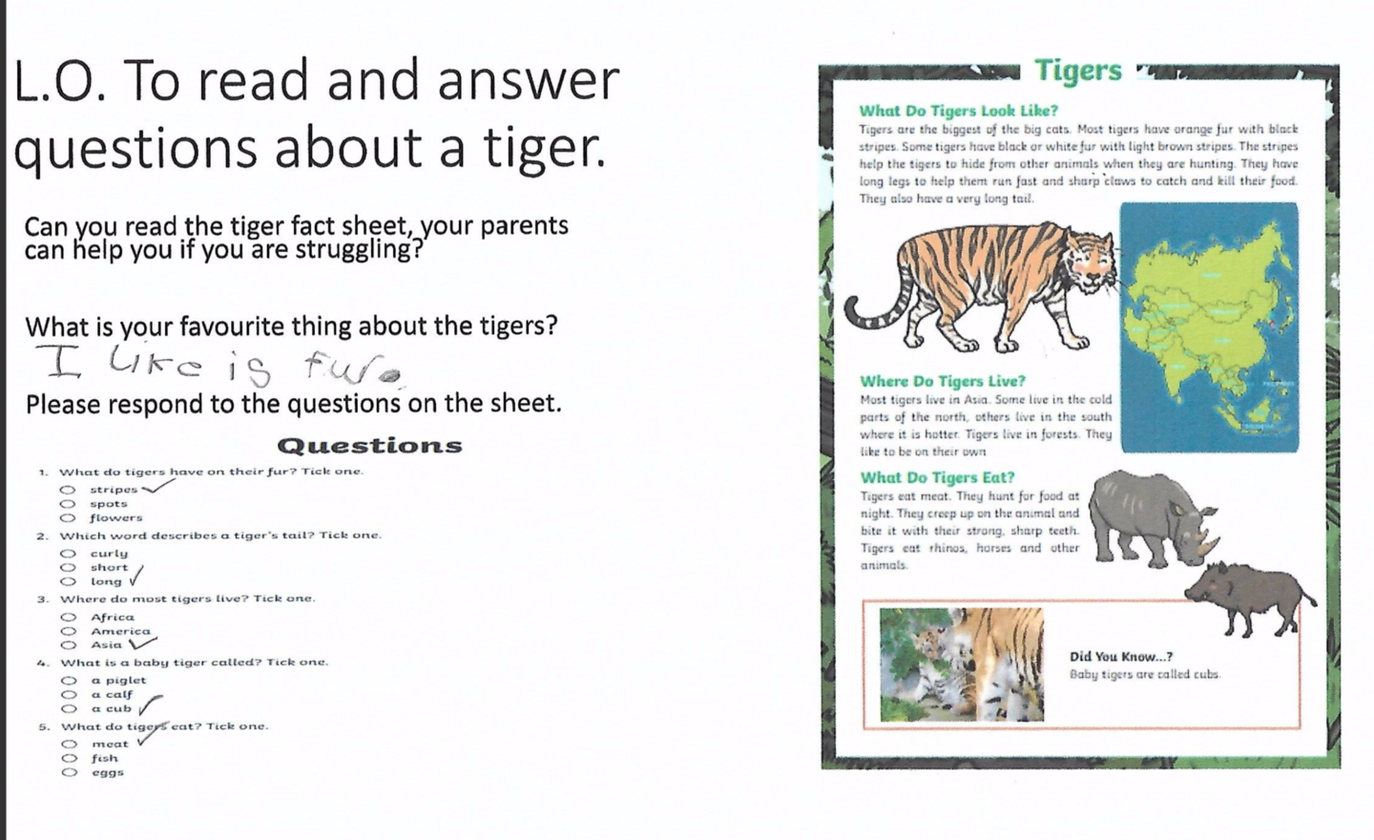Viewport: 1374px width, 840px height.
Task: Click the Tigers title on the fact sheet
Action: (x=1078, y=71)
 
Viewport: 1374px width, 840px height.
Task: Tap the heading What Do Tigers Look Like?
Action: (x=958, y=111)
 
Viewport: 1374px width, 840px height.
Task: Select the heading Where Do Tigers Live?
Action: (x=942, y=381)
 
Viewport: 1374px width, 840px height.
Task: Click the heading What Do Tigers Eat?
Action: (x=937, y=477)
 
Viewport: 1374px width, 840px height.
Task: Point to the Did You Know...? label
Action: (x=1120, y=657)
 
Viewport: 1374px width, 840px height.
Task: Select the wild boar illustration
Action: (x=1250, y=596)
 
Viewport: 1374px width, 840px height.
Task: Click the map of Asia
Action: (x=1209, y=326)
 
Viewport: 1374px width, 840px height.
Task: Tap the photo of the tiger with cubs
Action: (x=961, y=664)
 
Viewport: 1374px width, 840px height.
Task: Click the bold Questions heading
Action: (x=369, y=446)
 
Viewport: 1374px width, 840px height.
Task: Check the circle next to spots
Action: (x=68, y=504)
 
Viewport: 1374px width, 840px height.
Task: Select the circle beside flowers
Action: (x=68, y=518)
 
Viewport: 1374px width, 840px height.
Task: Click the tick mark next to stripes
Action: (x=157, y=487)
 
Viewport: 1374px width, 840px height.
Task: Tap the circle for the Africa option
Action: (x=69, y=618)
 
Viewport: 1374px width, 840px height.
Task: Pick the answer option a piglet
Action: (x=118, y=681)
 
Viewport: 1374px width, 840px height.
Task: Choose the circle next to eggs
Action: (x=70, y=772)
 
